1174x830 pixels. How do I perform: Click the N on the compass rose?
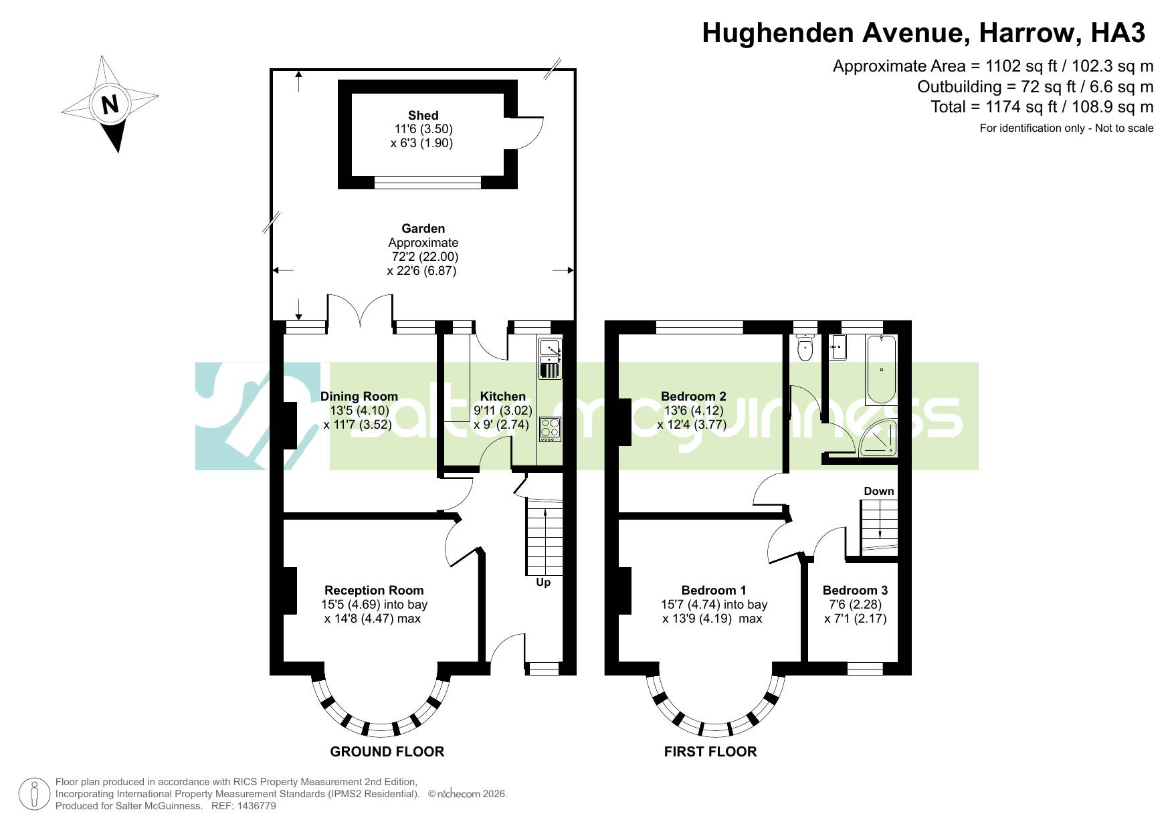[110, 104]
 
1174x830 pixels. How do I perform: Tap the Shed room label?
[423, 116]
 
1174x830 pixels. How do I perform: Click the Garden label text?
[423, 229]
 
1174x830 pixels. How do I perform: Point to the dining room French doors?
[360, 311]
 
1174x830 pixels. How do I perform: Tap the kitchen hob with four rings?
[550, 429]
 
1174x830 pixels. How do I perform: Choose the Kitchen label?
[503, 397]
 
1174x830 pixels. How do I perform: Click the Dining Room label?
[359, 397]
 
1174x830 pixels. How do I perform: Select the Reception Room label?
[374, 591]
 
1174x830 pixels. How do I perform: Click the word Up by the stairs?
[543, 583]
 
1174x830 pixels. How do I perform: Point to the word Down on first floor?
[879, 492]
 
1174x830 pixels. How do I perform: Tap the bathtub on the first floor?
[881, 370]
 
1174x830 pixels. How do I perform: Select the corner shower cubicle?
[878, 438]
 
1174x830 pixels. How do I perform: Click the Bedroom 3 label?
[855, 591]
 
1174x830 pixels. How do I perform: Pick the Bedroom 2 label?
[693, 397]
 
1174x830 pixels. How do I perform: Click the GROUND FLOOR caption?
[387, 752]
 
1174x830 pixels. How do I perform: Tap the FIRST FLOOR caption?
[710, 752]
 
